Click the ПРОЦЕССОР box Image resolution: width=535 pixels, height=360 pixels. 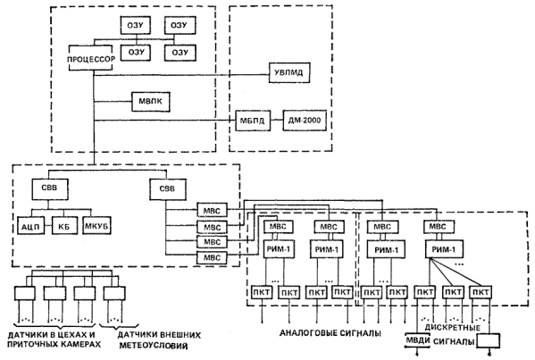pos(91,58)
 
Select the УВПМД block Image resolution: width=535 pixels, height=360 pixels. pos(289,72)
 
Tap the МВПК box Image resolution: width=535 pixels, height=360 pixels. pos(151,101)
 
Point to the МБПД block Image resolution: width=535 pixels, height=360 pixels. pos(253,121)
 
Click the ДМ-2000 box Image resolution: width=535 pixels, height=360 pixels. pos(305,121)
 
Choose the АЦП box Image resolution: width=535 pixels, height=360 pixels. pos(31,226)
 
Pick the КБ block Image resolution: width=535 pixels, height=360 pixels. pos(64,226)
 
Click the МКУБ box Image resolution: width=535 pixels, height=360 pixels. pos(97,225)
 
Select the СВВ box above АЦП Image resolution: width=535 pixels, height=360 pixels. pos(50,189)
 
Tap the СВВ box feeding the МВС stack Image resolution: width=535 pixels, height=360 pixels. pos(168,189)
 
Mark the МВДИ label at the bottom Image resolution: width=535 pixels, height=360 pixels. pos(418,340)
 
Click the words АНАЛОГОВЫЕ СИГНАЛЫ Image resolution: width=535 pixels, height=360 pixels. pos(330,332)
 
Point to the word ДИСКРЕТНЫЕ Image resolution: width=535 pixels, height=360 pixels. pos(453,328)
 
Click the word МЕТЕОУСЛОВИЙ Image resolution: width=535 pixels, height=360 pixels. pos(154,346)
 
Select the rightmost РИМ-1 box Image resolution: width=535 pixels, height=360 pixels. pos(443,249)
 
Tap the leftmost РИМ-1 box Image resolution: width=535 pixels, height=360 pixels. pos(279,249)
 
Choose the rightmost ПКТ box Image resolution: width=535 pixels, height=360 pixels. pos(481,292)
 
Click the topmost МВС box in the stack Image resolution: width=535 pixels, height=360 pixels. pos(212,210)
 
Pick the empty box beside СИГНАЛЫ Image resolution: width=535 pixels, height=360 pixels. pos(489,341)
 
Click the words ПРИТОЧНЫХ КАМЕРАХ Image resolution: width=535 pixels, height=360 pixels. pos(54,344)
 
